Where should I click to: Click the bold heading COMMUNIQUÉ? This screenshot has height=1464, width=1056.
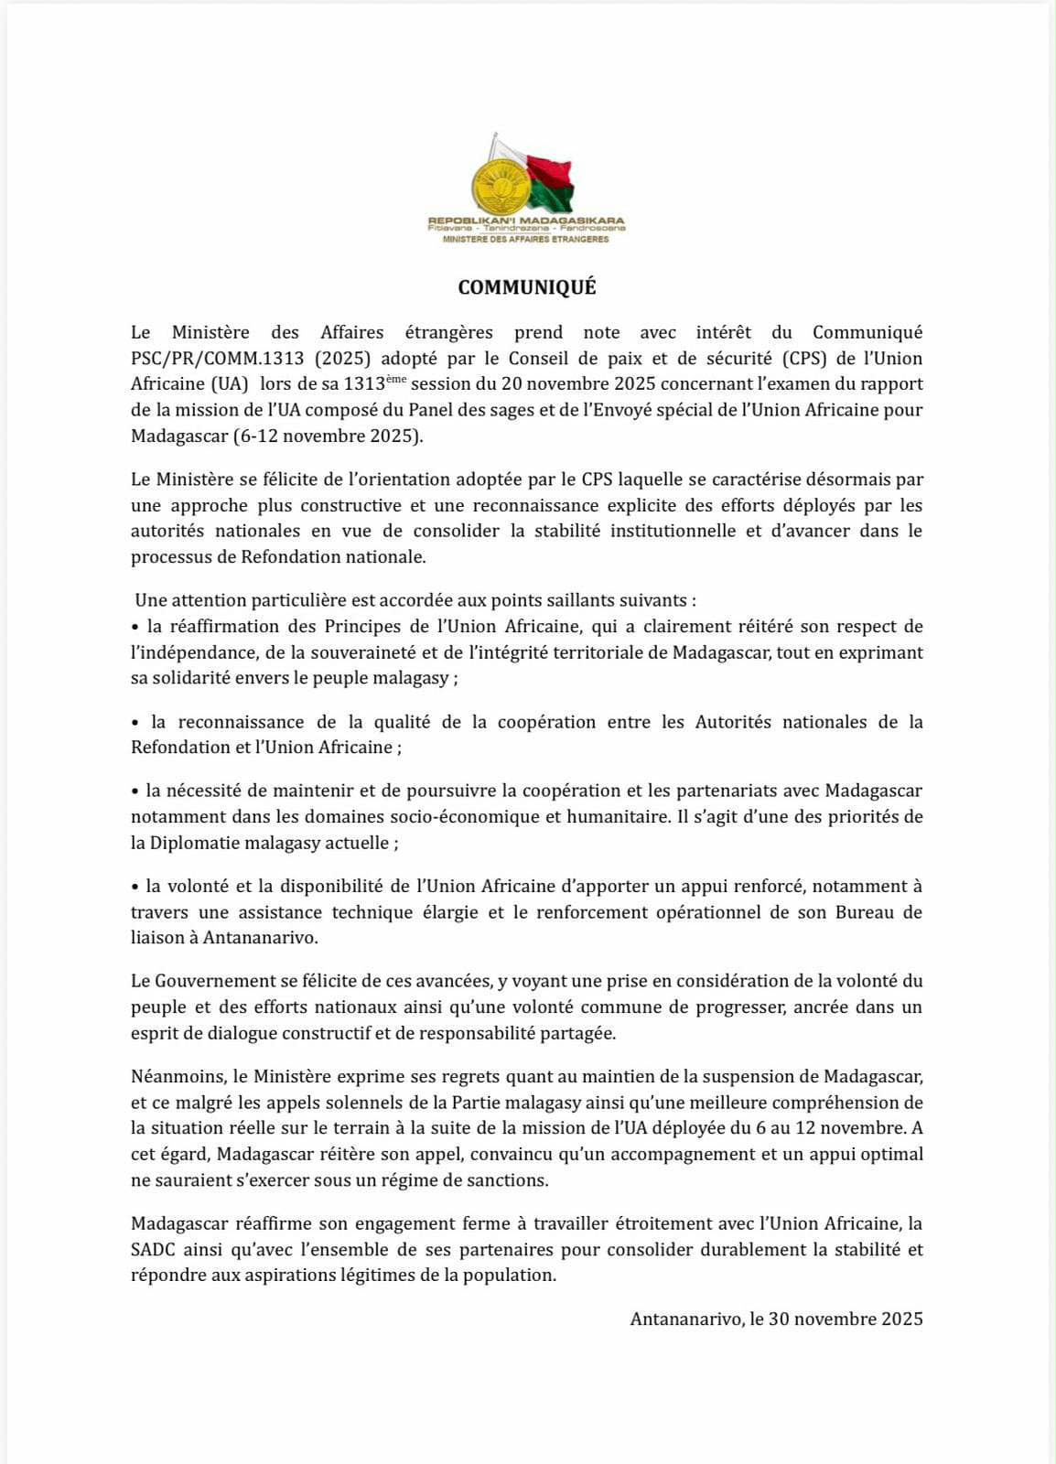click(x=527, y=287)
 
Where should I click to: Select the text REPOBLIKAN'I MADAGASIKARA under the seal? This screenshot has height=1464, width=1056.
click(x=526, y=221)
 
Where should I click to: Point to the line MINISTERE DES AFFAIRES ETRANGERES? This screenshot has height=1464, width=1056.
click(x=526, y=239)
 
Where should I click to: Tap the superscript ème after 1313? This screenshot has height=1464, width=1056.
click(x=396, y=379)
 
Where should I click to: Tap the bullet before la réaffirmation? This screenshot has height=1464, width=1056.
click(x=135, y=627)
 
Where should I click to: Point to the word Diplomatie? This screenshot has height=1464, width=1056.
click(x=194, y=843)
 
